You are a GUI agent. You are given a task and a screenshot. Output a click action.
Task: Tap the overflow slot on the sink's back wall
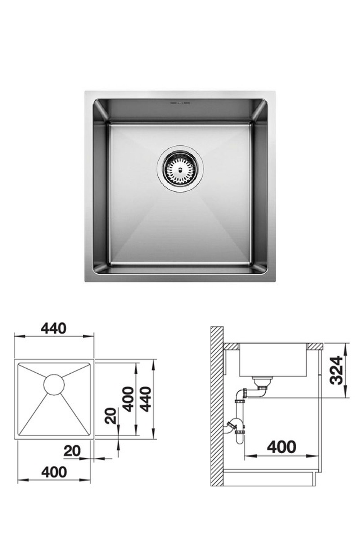point(180,104)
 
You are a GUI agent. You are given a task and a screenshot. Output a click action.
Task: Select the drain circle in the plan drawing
point(54,384)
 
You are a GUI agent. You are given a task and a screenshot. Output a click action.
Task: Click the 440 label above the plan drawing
point(54,328)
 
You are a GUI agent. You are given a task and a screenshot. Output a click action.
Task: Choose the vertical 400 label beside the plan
point(128,399)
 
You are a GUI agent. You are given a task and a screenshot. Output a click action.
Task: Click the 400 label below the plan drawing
point(54,472)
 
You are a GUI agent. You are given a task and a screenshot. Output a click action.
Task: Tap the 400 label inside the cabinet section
point(282,447)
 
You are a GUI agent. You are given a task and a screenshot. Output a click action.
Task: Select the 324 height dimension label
point(336,370)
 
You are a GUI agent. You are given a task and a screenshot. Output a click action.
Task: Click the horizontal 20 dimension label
point(72,451)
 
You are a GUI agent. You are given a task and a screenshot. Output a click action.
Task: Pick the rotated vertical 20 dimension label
point(112,415)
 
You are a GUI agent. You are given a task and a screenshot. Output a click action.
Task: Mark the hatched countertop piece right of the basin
point(315,346)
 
